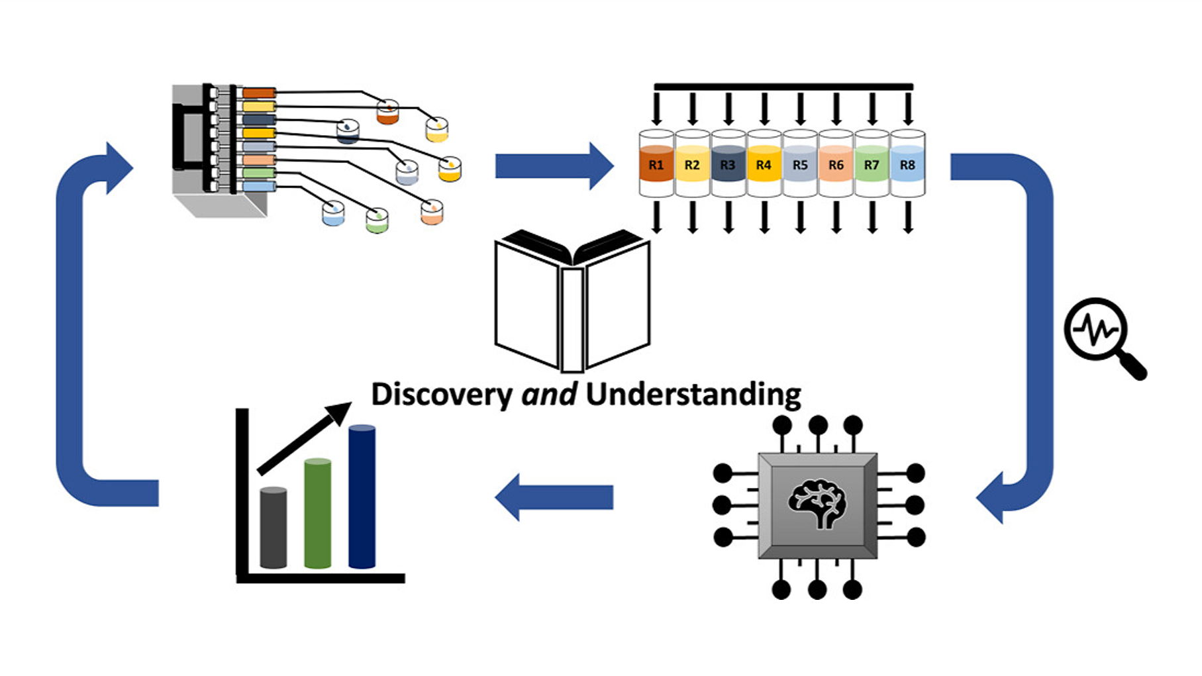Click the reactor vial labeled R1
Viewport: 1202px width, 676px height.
point(656,164)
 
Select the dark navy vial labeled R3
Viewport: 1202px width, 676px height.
point(727,164)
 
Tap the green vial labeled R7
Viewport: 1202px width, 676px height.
point(871,164)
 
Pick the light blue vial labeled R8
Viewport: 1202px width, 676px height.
point(907,164)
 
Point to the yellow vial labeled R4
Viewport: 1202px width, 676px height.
point(764,164)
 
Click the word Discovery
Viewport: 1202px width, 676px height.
point(441,395)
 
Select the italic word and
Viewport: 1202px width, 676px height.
point(549,395)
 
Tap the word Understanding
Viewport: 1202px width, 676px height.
point(693,395)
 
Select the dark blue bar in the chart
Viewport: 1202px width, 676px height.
point(362,497)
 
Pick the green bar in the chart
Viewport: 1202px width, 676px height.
point(317,513)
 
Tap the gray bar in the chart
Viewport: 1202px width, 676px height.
point(273,528)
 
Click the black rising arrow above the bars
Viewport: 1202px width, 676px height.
point(305,438)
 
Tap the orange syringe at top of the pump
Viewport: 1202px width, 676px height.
point(258,93)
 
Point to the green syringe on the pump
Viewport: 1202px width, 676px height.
point(258,173)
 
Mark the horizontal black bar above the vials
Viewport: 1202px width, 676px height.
point(783,87)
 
